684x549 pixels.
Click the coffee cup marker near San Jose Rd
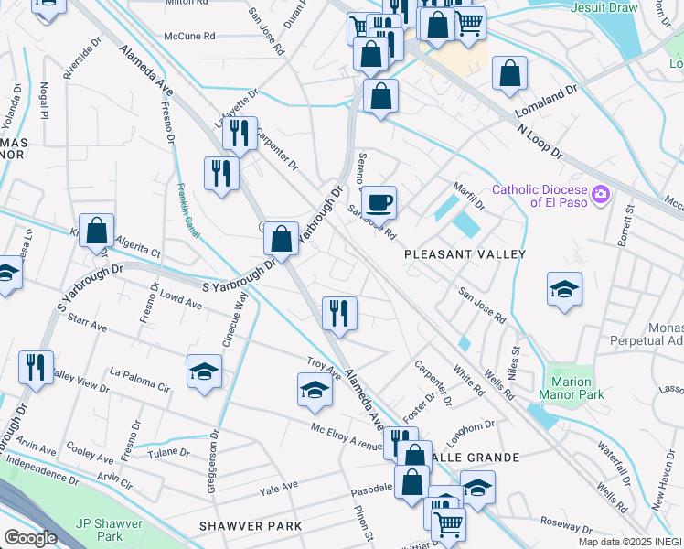tap(379, 201)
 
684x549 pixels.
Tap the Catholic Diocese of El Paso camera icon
tap(601, 193)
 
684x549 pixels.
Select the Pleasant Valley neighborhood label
tap(465, 253)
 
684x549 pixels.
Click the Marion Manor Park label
tap(579, 388)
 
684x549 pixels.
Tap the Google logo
tap(30, 538)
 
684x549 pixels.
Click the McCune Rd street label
tap(188, 37)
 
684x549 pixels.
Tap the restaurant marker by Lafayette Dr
tap(240, 134)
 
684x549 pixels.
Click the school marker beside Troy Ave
tap(315, 390)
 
